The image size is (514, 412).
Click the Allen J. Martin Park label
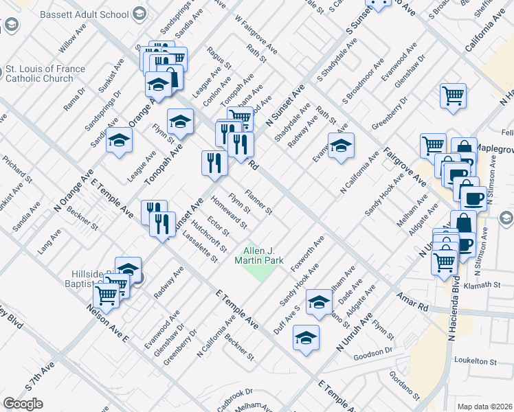point(259,256)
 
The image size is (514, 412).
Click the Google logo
point(23,404)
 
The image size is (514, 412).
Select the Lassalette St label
point(201,247)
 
